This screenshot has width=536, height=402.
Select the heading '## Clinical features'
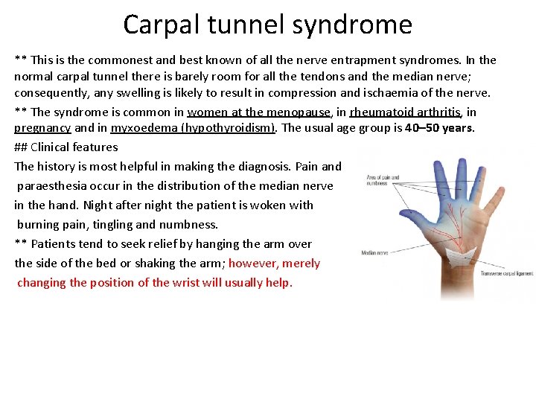point(66,147)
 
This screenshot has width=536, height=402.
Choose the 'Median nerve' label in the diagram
point(374,252)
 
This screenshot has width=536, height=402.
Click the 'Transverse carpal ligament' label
point(506,273)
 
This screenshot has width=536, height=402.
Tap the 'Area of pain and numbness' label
point(383,180)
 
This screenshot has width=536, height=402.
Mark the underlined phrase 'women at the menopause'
point(258,112)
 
